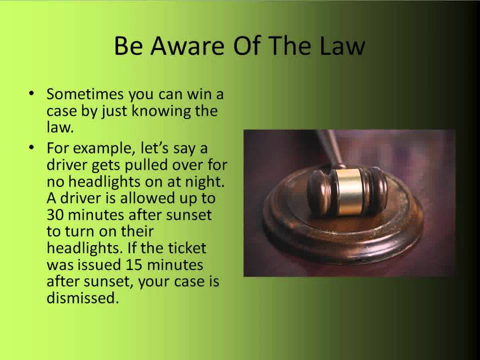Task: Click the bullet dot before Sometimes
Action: pos(32,93)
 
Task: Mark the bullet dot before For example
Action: pos(32,148)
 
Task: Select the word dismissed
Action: pos(82,298)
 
